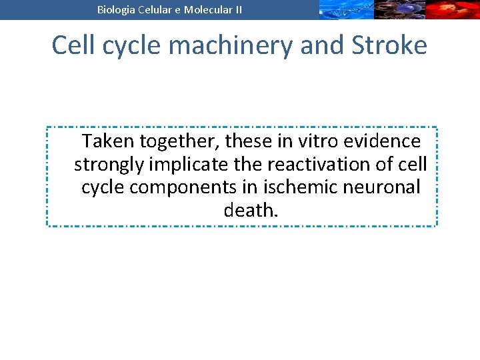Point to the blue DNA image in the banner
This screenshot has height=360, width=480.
[345, 9]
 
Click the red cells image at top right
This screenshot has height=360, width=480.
[453, 9]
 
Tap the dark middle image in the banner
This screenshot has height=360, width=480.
[399, 9]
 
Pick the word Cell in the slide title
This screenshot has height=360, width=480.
[73, 45]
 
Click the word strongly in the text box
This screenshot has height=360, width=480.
[109, 164]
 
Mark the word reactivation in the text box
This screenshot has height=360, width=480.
[303, 164]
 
